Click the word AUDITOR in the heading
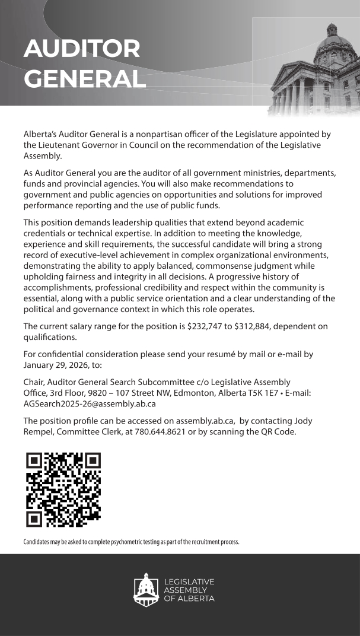(x=82, y=49)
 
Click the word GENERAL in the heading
(x=85, y=79)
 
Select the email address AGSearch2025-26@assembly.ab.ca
(x=90, y=403)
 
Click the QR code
(x=63, y=489)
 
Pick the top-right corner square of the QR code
(x=90, y=463)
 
